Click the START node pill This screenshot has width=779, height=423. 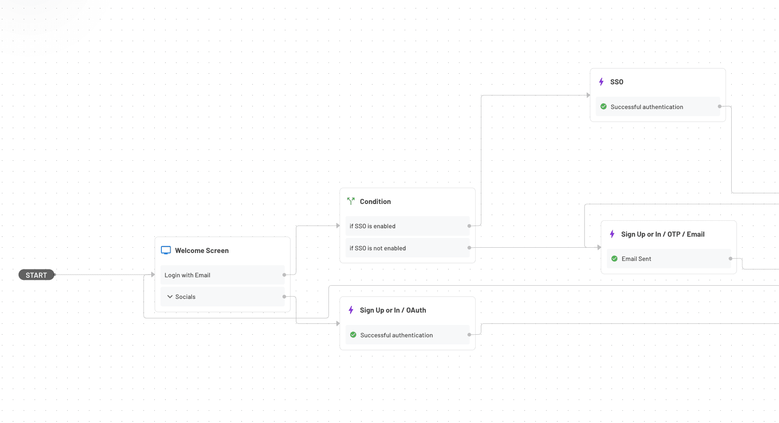[36, 275]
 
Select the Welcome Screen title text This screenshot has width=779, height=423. [202, 250]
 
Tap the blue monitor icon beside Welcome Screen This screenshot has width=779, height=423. [166, 250]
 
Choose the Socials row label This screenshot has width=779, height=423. [185, 297]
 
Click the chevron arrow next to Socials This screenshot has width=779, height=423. [170, 297]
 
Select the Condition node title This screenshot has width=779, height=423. [375, 201]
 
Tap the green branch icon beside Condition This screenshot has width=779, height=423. [351, 201]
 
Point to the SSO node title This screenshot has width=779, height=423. [616, 82]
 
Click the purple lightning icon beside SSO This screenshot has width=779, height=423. [601, 82]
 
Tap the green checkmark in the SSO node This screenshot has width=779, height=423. [603, 107]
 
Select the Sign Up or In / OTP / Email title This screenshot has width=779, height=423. [662, 234]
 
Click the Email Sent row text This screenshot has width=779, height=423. [636, 259]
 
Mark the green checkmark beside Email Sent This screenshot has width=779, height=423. [615, 259]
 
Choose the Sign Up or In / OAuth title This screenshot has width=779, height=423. [393, 310]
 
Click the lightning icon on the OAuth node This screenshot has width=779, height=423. [351, 310]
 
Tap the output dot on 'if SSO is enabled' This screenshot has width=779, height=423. [469, 226]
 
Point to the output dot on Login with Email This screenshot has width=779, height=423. [284, 275]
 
